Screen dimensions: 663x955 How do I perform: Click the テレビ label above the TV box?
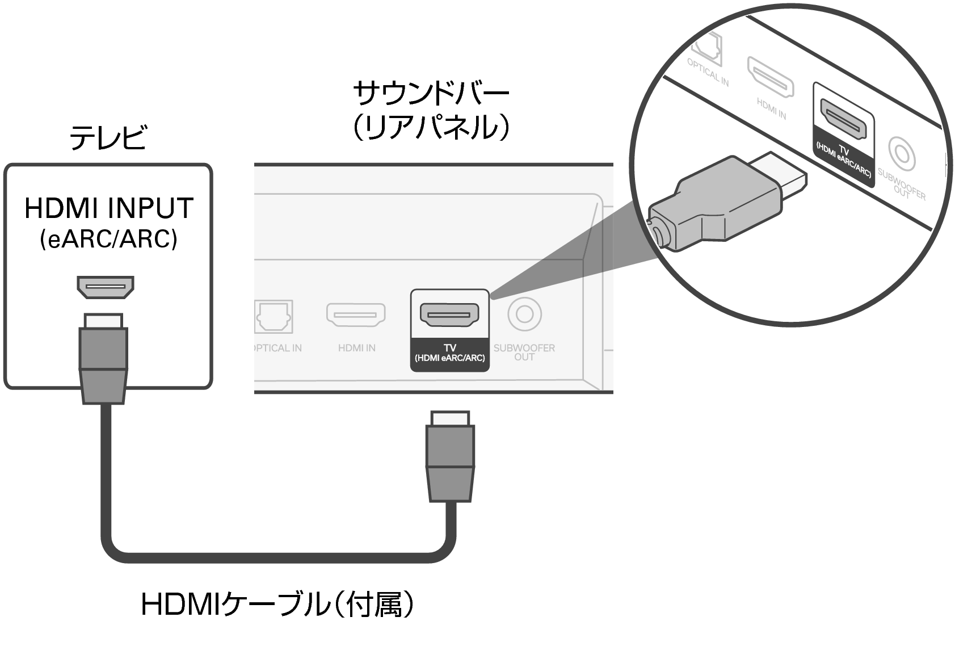click(108, 138)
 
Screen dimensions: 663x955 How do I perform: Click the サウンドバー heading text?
click(431, 94)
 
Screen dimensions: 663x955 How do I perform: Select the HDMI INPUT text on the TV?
click(108, 208)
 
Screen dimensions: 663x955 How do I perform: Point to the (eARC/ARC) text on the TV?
click(108, 240)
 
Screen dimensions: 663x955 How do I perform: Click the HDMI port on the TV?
click(106, 287)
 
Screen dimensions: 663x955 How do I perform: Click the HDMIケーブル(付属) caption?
click(277, 605)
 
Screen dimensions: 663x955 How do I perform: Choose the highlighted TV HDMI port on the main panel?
click(449, 314)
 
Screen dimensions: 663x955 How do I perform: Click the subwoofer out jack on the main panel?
click(524, 314)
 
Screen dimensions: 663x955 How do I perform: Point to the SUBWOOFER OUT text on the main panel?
click(524, 352)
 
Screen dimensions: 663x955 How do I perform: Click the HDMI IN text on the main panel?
click(356, 348)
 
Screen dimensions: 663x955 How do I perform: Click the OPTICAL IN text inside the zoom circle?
click(708, 72)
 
